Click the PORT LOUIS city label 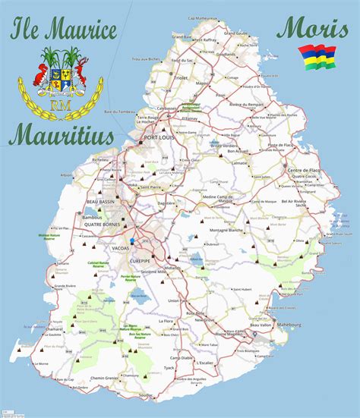[x=160, y=138]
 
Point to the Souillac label [x=147, y=396]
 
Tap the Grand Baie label [x=182, y=36]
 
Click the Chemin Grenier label [x=104, y=377]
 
